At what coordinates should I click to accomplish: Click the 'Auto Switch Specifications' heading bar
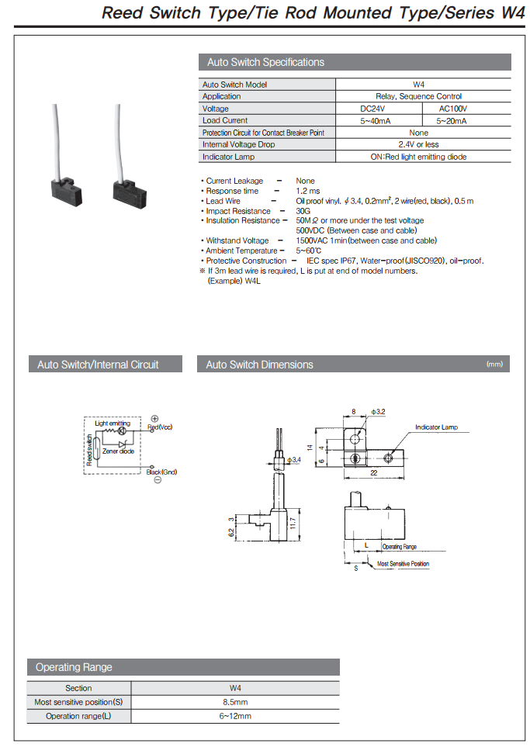click(355, 62)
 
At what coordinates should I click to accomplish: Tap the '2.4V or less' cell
click(418, 144)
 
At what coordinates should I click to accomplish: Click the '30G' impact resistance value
click(303, 211)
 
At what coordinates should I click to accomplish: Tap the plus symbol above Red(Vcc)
click(154, 419)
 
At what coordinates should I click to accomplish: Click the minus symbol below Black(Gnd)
click(157, 480)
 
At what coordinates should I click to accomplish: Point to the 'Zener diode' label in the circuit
click(118, 451)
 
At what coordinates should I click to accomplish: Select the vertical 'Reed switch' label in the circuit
click(90, 452)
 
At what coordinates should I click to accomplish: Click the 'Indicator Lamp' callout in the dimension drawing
click(436, 427)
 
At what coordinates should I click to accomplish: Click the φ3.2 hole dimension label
click(379, 411)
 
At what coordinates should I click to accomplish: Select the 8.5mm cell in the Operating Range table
click(235, 702)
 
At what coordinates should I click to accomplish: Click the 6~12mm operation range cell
click(235, 716)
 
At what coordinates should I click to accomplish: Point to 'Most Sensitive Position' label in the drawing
click(403, 564)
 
